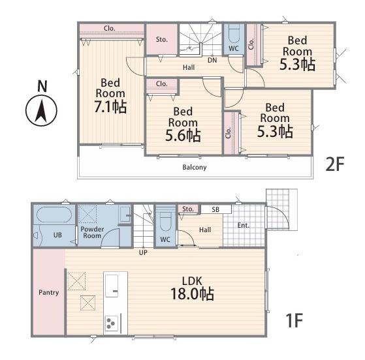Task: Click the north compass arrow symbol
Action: coord(41,110)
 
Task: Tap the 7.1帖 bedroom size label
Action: coord(110,107)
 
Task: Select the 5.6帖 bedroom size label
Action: coord(183,136)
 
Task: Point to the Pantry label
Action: coord(49,292)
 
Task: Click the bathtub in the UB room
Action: coord(54,215)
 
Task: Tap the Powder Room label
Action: coord(92,232)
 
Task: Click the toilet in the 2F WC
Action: coord(234,35)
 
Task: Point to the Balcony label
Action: coord(195,167)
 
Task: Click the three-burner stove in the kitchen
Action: coord(112,323)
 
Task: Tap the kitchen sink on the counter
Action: coord(112,286)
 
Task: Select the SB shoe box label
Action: coord(215,209)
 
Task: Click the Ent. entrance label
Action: coord(244,226)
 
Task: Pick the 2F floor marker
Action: coord(335,164)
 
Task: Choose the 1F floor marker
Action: coord(294,320)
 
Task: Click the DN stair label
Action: coord(212,61)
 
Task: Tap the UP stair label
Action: coord(143,252)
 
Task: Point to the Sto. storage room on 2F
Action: coord(161,40)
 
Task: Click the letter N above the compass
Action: coord(42,86)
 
